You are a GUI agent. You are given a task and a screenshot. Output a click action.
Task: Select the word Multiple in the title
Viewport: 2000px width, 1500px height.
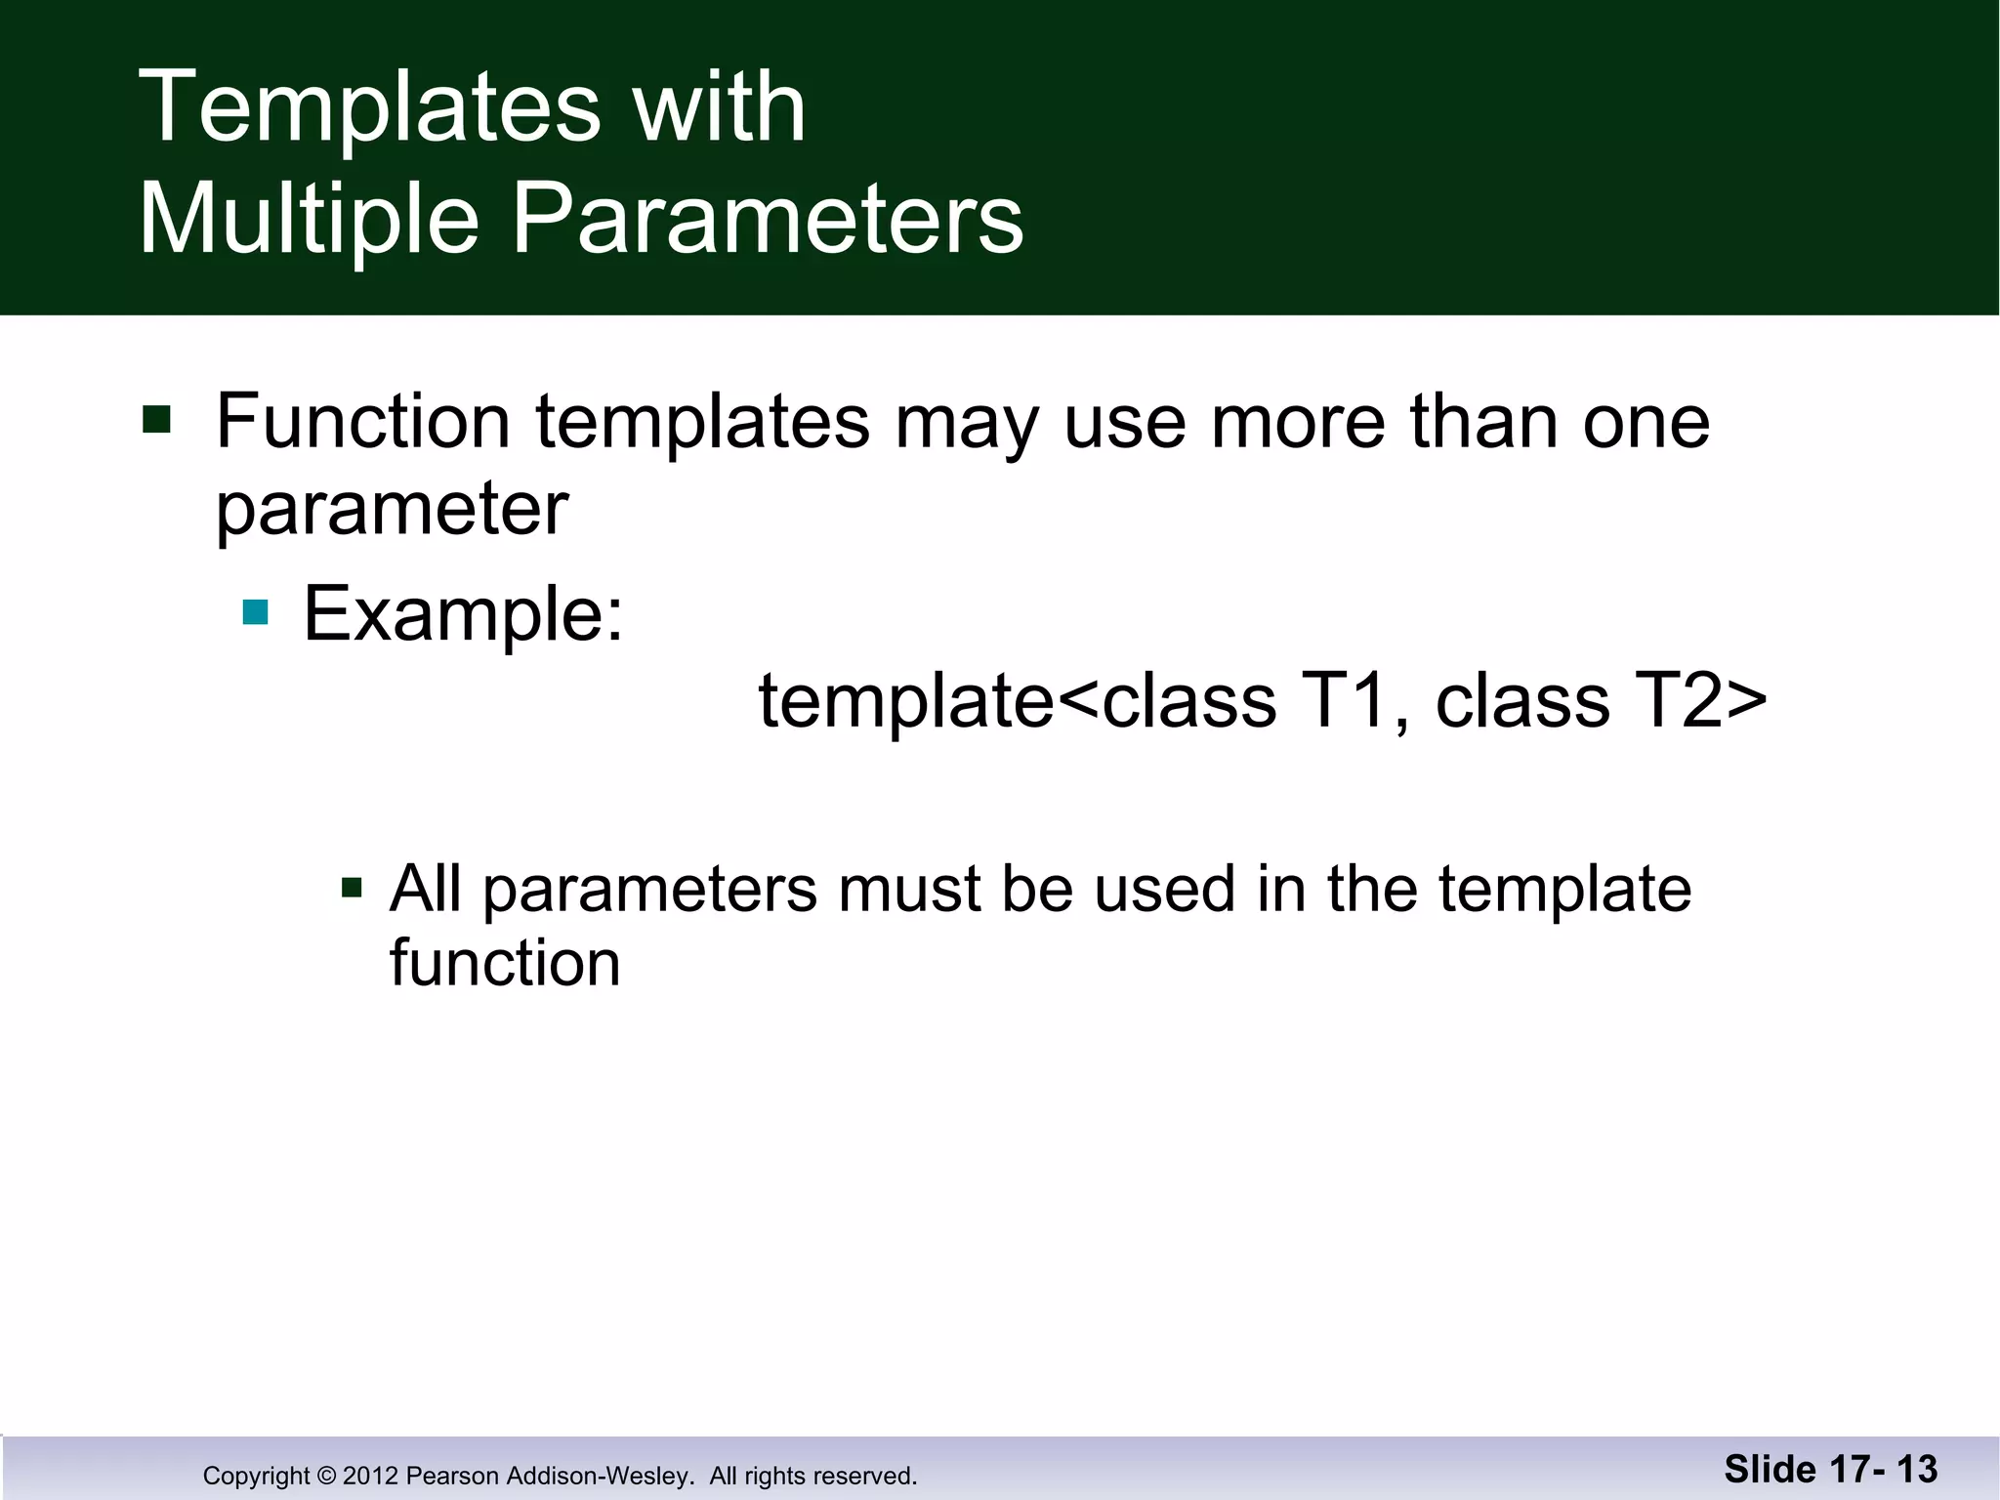309,221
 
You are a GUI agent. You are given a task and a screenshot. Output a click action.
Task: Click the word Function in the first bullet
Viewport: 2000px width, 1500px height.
362,422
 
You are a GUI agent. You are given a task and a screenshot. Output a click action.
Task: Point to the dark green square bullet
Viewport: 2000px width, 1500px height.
156,420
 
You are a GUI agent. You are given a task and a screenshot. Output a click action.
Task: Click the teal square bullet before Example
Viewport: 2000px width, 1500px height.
255,613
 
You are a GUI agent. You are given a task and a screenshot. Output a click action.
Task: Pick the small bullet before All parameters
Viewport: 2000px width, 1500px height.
352,889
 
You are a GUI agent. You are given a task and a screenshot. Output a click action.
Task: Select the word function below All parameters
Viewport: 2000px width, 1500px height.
505,965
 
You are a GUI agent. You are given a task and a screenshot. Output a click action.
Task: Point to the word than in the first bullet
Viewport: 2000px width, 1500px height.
1483,422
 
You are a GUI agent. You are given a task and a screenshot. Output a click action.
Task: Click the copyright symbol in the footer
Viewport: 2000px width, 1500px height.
326,1476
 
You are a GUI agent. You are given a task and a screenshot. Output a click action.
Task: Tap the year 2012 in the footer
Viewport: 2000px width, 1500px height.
370,1476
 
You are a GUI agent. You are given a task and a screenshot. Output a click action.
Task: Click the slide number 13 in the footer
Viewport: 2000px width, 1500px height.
1917,1469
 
